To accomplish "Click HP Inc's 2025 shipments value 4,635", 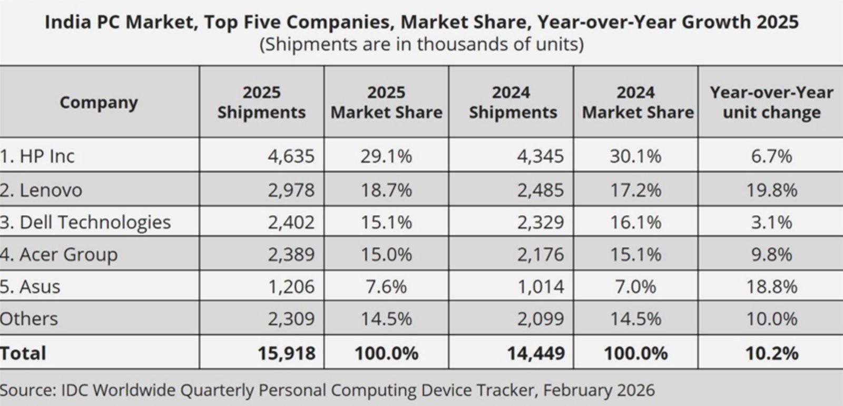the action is click(x=291, y=156).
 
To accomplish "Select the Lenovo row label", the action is click(x=41, y=190).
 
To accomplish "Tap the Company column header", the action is click(x=99, y=103).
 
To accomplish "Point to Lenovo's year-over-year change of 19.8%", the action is click(x=772, y=190).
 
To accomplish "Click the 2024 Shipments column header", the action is click(x=513, y=102).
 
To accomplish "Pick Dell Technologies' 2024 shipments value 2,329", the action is click(x=541, y=222).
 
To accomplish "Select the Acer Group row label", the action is click(x=58, y=255).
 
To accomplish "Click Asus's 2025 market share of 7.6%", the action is click(x=386, y=286).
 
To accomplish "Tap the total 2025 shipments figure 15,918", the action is click(x=287, y=353).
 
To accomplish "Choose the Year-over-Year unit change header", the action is click(x=771, y=102).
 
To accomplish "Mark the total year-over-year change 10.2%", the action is click(x=772, y=353).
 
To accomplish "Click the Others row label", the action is click(x=29, y=319).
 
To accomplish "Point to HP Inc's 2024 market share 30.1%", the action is click(x=635, y=156).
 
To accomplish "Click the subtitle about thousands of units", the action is click(x=421, y=44).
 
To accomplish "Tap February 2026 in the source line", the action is click(x=599, y=390).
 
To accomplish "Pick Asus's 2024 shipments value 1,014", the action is click(x=541, y=286).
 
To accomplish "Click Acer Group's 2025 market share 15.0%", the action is click(x=386, y=255).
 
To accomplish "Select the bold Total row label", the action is click(x=23, y=353).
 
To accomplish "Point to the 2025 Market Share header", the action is click(x=386, y=102).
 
